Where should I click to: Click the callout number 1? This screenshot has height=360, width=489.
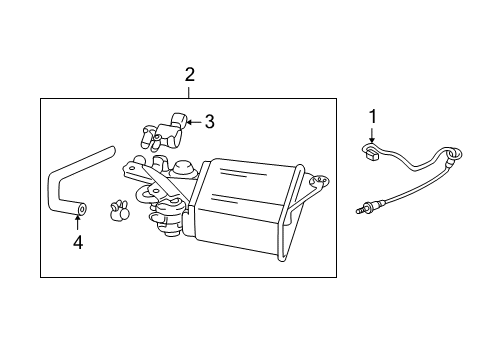tap(373, 117)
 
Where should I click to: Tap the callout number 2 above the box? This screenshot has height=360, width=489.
tap(188, 74)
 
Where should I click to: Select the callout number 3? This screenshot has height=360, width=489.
tap(209, 122)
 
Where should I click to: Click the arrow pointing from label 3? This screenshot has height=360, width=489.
tap(195, 122)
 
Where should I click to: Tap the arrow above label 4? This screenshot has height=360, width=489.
tap(76, 222)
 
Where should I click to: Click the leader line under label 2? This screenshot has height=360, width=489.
tap(188, 91)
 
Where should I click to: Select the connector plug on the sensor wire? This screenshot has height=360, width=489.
tap(371, 152)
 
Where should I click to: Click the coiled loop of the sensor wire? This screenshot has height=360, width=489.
tap(456, 154)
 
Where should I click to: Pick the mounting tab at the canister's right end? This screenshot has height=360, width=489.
tap(320, 181)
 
